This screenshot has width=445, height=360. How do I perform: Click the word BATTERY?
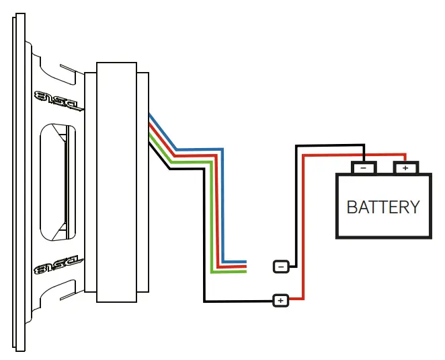point(383,207)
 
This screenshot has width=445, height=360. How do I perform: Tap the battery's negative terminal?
point(363,167)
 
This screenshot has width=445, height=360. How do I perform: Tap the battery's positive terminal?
point(405,167)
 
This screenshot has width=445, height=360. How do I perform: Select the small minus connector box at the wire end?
point(282,266)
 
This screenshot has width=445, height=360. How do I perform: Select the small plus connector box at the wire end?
point(280,300)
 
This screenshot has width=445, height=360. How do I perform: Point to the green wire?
point(212,215)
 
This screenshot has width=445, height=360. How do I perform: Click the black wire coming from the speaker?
point(204,236)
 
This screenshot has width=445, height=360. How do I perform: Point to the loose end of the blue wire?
point(245,262)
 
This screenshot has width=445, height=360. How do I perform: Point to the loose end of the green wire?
point(245,272)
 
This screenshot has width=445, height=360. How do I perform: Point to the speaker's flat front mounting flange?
point(19,182)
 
